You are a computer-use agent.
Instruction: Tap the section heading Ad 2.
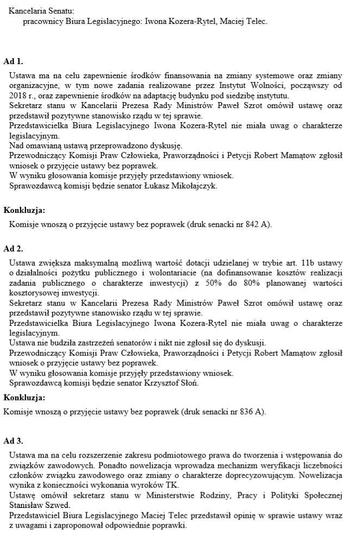13,249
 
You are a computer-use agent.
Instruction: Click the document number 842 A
257,223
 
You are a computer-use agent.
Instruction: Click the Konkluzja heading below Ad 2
24,397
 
